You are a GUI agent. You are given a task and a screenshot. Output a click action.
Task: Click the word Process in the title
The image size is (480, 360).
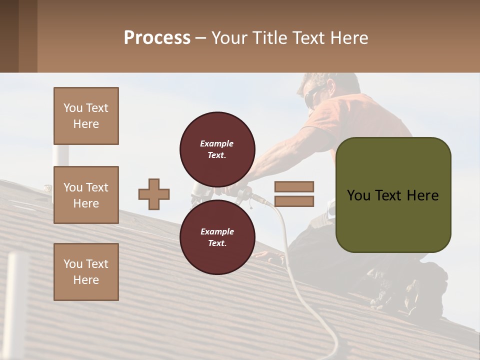(157, 37)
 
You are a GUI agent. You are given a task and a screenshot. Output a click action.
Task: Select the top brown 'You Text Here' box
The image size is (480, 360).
(86, 116)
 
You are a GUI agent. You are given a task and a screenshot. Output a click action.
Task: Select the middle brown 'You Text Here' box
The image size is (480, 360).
(86, 195)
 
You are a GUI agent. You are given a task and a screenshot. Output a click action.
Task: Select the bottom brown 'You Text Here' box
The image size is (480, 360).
(86, 271)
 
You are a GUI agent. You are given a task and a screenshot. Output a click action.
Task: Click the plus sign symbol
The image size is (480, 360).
(154, 194)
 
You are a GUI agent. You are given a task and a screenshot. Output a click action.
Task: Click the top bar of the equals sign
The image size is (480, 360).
(294, 186)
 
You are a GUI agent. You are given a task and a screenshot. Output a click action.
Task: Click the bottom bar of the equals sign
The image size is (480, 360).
(294, 201)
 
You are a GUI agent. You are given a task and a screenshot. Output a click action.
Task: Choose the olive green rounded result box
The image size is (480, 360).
(393, 195)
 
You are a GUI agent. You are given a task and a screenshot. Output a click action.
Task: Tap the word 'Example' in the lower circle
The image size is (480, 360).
(217, 231)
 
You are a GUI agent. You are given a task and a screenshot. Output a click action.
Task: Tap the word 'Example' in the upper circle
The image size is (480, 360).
(217, 143)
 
